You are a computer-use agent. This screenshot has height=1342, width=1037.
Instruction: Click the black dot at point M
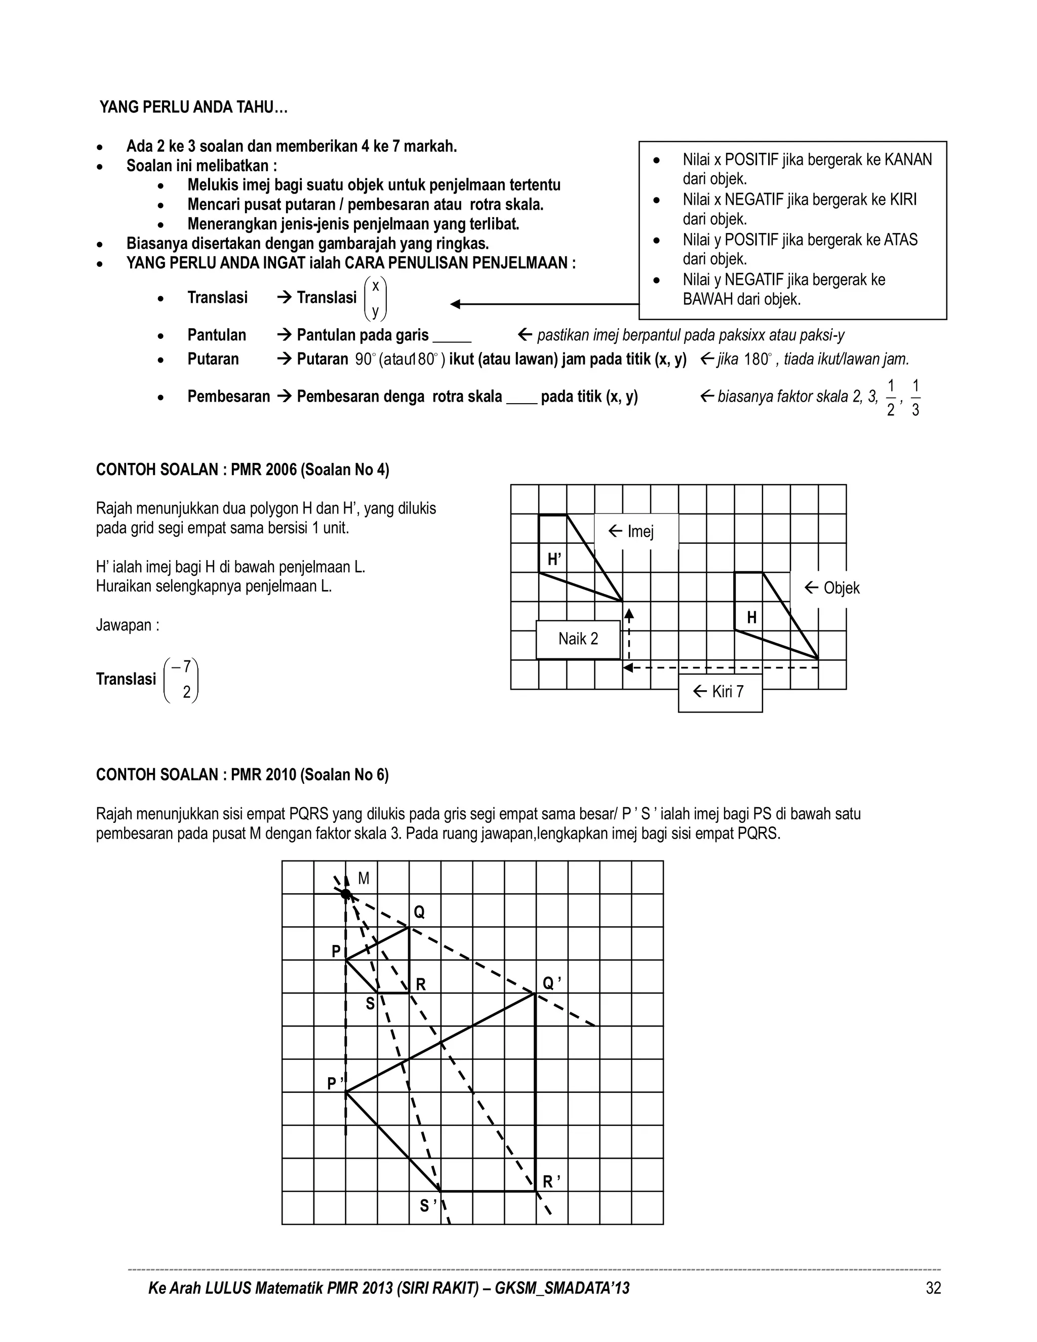346,894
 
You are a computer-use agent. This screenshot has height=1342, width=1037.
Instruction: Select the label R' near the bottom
550,1181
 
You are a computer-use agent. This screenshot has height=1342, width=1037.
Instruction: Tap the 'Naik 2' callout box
578,639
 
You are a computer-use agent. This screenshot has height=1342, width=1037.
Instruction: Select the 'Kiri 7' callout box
720,692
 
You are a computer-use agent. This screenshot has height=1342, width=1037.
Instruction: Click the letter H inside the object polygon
751,617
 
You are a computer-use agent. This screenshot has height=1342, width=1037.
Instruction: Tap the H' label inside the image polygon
554,559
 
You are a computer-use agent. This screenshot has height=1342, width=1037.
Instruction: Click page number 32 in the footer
933,1288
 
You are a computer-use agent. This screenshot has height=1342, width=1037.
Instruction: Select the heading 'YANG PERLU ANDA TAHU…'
193,107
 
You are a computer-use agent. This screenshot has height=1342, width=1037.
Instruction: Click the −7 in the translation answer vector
182,666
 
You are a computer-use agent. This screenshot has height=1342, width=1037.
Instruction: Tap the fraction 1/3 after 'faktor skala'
915,398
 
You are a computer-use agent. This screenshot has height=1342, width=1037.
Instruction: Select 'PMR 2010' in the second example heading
263,775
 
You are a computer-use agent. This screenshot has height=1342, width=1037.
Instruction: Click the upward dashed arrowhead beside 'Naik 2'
628,613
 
